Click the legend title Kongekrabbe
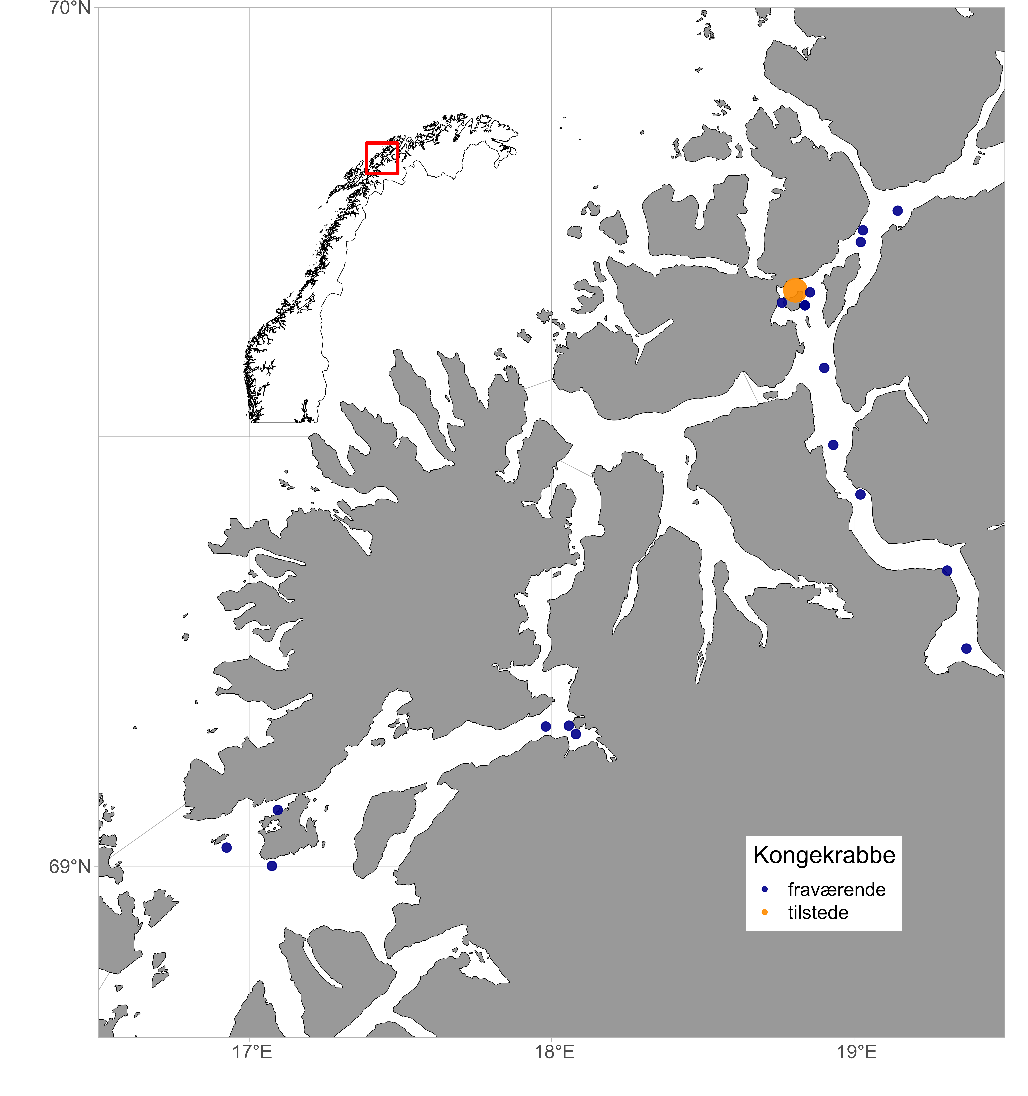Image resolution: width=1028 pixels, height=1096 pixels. coord(824,855)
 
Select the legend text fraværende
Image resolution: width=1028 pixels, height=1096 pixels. coord(836,890)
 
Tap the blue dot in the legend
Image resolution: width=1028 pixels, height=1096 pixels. coord(764,890)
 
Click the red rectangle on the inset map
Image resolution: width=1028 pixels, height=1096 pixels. coord(382,158)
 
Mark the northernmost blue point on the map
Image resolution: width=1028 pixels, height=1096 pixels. coord(897,211)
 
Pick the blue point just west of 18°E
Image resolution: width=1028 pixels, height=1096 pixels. coord(545,727)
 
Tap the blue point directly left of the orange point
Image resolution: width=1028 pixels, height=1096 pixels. coord(782,303)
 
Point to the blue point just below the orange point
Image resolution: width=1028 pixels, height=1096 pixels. coord(805,305)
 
